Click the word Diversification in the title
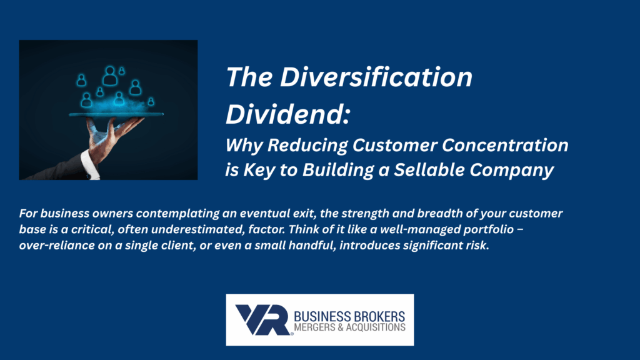coord(376,77)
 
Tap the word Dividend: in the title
coord(287,114)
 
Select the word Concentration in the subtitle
coord(505,145)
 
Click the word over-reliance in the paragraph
coord(57,245)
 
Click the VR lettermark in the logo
coord(263,320)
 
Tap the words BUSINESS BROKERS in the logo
coord(349,316)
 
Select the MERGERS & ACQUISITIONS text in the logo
coord(349,327)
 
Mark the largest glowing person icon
coord(110,76)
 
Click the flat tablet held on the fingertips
coord(116,115)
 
